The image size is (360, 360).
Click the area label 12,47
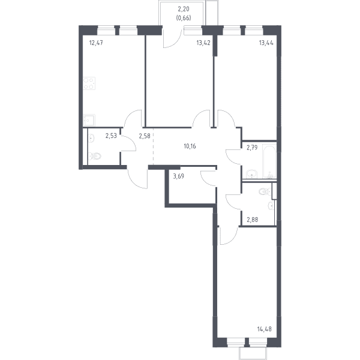click(x=96, y=43)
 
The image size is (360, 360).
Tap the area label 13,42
click(x=203, y=43)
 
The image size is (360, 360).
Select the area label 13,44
click(x=266, y=43)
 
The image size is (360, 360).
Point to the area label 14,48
click(x=264, y=329)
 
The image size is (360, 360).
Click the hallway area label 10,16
click(x=190, y=146)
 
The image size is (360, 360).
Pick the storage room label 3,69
click(x=178, y=176)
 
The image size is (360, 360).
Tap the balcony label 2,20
click(x=184, y=9)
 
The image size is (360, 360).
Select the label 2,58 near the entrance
click(x=145, y=136)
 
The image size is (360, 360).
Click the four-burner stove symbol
click(x=89, y=83)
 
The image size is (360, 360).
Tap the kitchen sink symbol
click(x=89, y=120)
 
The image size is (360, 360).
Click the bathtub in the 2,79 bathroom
click(x=269, y=161)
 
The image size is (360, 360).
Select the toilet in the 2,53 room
click(x=95, y=156)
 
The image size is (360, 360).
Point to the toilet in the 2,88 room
click(x=265, y=191)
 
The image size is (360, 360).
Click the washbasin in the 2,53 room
click(x=91, y=138)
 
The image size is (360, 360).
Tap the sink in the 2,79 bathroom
click(x=252, y=174)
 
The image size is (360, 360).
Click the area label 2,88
click(x=253, y=220)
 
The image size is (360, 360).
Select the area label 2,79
click(x=252, y=148)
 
